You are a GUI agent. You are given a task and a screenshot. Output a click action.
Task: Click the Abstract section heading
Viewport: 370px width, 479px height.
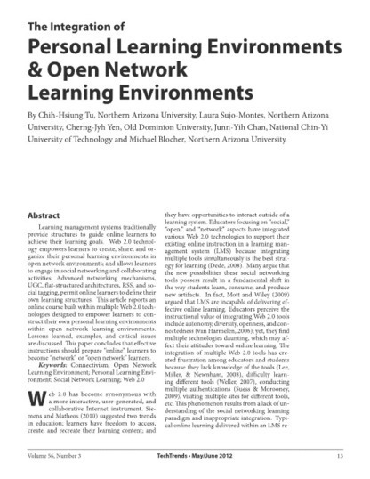click(x=45, y=216)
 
